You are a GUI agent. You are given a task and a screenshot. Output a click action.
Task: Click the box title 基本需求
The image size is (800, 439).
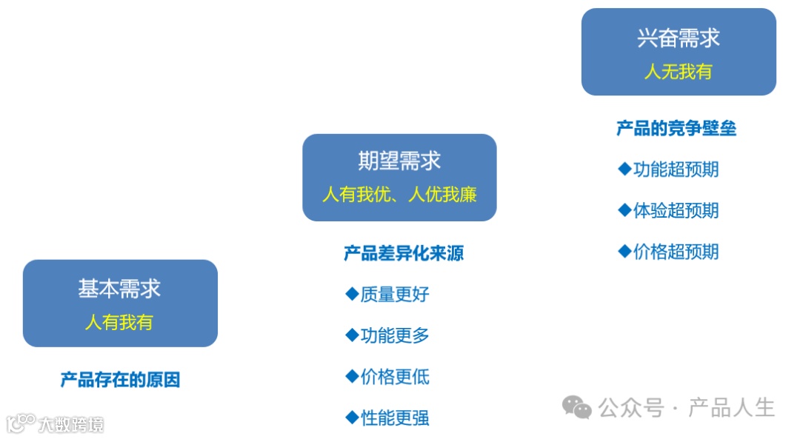click(119, 289)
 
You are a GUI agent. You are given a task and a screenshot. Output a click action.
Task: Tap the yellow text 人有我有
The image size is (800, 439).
click(119, 323)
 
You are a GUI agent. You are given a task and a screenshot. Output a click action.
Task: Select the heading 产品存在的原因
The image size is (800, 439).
click(120, 380)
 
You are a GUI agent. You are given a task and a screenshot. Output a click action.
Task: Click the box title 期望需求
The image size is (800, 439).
click(399, 161)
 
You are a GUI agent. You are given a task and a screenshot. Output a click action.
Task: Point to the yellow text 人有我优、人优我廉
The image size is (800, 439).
click(399, 195)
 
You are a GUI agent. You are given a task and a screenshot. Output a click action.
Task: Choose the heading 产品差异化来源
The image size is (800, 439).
click(404, 254)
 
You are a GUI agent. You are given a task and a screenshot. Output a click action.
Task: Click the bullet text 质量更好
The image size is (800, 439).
click(395, 295)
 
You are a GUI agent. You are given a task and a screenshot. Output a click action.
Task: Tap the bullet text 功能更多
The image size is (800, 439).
click(395, 336)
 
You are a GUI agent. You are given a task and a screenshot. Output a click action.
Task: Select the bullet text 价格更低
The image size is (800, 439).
click(395, 377)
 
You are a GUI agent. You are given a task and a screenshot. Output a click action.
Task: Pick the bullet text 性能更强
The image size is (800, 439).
click(395, 418)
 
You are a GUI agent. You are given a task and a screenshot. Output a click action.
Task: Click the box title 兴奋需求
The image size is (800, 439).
click(679, 38)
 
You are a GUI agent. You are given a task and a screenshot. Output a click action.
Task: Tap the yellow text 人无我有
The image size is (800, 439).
click(679, 72)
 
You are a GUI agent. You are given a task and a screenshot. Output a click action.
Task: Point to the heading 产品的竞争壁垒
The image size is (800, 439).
click(676, 129)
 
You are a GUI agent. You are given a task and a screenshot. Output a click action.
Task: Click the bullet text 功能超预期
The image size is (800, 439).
click(676, 170)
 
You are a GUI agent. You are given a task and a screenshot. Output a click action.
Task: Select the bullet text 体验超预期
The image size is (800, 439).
click(676, 210)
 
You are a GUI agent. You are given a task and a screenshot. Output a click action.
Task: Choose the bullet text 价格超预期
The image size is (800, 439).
click(676, 252)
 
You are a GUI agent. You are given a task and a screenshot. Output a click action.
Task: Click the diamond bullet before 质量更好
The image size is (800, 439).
click(352, 294)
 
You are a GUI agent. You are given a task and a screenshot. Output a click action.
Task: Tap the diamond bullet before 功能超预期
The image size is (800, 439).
click(624, 169)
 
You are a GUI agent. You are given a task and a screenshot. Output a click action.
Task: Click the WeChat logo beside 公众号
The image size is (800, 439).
click(576, 406)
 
